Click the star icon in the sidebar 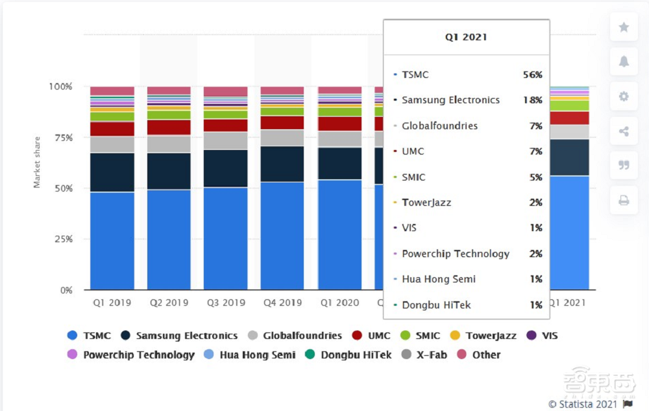tap(624, 27)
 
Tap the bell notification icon tap(624, 62)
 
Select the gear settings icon tap(624, 97)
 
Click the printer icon tap(624, 201)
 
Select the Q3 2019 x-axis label tap(225, 303)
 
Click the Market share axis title tap(37, 162)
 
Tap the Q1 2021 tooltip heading tap(466, 37)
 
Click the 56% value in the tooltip tap(532, 75)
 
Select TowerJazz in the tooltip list tap(426, 203)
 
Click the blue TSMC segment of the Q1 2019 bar tap(112, 240)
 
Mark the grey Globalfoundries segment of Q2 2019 tap(169, 144)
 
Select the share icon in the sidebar tap(624, 132)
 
